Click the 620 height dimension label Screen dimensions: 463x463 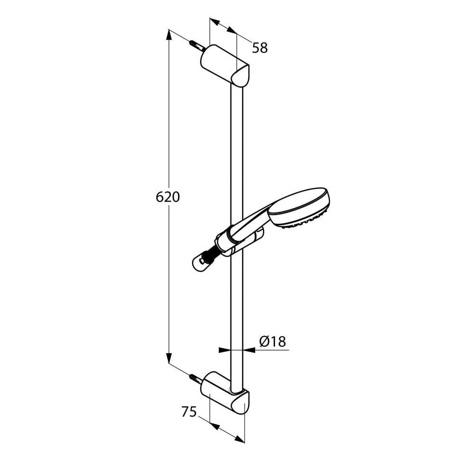click(x=168, y=197)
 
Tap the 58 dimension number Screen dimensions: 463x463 click(x=260, y=48)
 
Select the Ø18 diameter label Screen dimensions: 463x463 click(x=273, y=342)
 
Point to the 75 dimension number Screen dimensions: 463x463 click(x=188, y=412)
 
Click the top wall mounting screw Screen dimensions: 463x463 click(x=196, y=46)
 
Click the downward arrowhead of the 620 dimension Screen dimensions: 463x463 click(x=169, y=358)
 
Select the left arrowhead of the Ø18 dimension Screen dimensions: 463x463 click(x=225, y=350)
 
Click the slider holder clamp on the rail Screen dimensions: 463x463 click(x=235, y=242)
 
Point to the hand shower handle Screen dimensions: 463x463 click(x=249, y=223)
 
